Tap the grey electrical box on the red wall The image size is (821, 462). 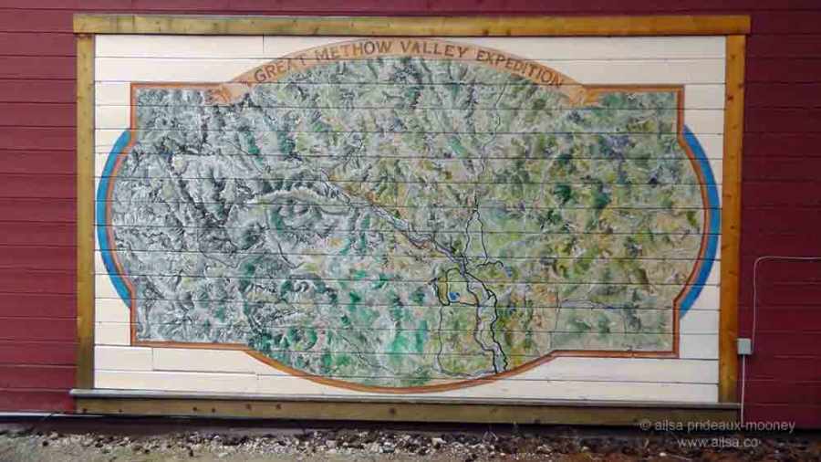point(744,346)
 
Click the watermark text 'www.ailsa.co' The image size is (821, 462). point(719,442)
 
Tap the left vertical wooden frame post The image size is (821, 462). point(85,210)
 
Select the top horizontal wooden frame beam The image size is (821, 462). point(410,25)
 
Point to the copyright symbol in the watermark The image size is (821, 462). point(645,425)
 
